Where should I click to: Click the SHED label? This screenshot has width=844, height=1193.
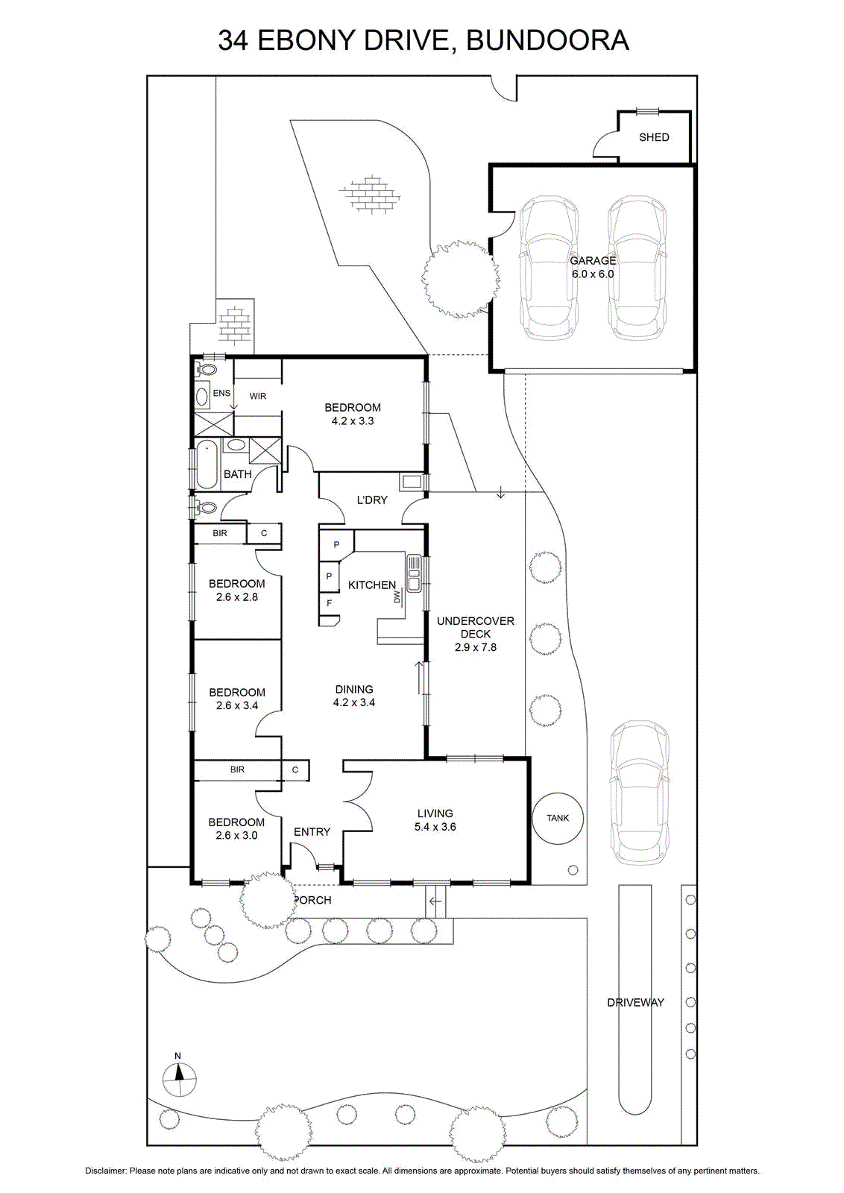pos(653,137)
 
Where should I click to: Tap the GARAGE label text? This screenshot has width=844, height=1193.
pos(593,260)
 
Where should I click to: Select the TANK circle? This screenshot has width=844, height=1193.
pos(558,817)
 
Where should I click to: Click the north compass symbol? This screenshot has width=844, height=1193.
pos(178,1078)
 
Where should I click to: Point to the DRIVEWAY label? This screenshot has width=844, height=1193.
pos(635,1002)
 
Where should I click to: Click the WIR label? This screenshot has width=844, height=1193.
pos(258,396)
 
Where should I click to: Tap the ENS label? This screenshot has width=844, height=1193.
pos(221,393)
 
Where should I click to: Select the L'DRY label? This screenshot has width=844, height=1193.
pos(372,500)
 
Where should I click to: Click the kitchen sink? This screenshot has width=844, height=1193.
pos(414,573)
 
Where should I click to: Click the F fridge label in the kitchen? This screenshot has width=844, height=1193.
pos(329,603)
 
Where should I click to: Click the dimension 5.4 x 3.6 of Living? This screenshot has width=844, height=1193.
pos(435,827)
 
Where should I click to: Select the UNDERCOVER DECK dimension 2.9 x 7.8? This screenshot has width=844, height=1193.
pos(475,647)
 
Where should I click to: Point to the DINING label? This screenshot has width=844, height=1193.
pos(354,689)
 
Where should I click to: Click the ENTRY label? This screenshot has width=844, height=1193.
pos(312,832)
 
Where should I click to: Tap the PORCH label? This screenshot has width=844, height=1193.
pos(312,900)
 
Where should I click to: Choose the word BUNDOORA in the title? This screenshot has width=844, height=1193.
pos(547,40)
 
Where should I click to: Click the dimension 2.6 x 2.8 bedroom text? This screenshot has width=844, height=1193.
pos(237,597)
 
